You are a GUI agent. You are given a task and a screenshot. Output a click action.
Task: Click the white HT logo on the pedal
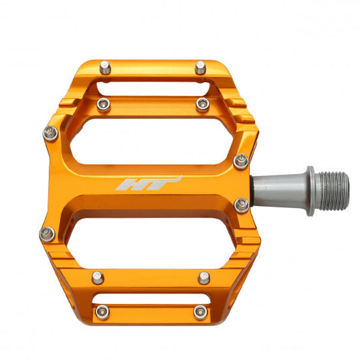click(x=149, y=184)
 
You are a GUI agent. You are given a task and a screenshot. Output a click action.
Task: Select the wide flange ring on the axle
click(x=310, y=190)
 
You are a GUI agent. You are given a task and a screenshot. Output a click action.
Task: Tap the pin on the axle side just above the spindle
click(x=240, y=161)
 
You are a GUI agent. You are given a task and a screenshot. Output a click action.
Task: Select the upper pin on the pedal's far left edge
click(x=50, y=133)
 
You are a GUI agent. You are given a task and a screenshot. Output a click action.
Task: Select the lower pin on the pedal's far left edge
click(x=47, y=234)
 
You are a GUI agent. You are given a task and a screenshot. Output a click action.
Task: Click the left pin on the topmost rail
click(x=105, y=66)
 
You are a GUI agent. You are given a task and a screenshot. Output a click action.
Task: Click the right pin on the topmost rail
click(x=201, y=67)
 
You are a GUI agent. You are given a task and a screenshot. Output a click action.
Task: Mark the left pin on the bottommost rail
click(x=102, y=311)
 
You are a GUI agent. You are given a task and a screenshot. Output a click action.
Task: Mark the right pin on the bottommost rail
click(x=200, y=311)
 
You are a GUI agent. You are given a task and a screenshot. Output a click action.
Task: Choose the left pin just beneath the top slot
click(x=103, y=103)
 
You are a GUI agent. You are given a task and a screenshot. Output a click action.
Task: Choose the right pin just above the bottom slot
click(x=203, y=277)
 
